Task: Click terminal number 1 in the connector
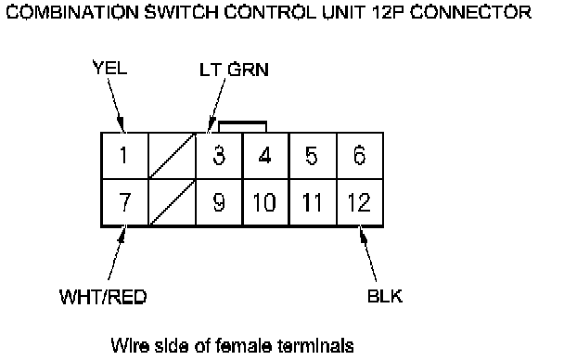[124, 156]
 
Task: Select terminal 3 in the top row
[220, 156]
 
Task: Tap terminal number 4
[265, 156]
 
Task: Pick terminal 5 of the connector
[313, 156]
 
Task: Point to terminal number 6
[360, 156]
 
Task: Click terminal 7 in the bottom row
[124, 202]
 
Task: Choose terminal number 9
[220, 202]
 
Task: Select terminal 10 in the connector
[265, 202]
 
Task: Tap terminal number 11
[313, 202]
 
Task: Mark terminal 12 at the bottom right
[360, 202]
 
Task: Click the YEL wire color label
[109, 68]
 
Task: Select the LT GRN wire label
[234, 70]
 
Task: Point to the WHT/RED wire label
[103, 297]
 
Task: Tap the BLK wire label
[385, 296]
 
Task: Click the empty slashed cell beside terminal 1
[172, 156]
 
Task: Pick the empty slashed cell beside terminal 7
[172, 202]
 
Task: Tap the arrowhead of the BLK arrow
[363, 234]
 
